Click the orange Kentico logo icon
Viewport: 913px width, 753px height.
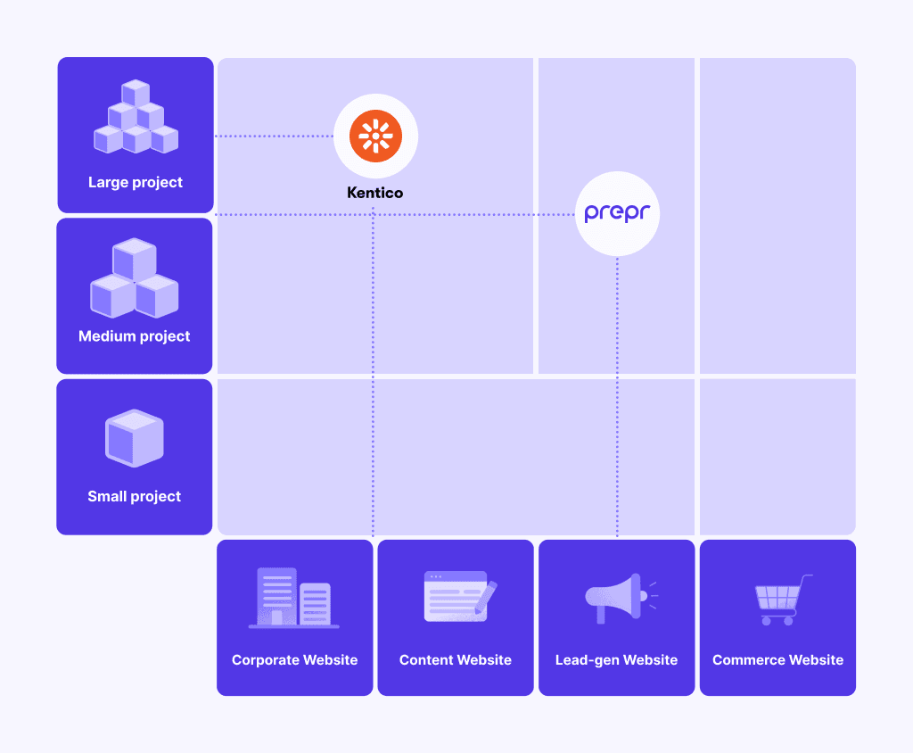coord(375,136)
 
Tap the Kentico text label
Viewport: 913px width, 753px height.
coord(375,193)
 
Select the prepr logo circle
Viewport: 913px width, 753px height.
coord(617,213)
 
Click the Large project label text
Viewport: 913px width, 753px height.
coord(136,182)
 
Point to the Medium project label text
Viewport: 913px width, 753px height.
coord(135,336)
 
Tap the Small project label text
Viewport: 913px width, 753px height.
coord(135,497)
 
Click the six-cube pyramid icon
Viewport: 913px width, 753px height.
coord(136,117)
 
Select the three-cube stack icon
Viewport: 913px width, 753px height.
coord(135,277)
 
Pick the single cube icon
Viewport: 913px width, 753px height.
coord(135,438)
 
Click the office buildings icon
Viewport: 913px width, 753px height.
coord(294,598)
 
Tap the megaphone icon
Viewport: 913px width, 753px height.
coord(621,599)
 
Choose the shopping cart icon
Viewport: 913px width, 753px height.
coord(782,600)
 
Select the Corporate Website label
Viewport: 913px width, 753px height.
coord(294,659)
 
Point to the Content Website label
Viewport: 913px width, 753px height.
coord(456,659)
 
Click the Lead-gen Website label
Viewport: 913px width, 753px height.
coord(617,660)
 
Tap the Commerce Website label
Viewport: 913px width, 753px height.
coord(777,659)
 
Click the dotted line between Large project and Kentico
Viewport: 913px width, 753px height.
coord(274,136)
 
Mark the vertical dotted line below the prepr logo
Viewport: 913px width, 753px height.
coord(617,396)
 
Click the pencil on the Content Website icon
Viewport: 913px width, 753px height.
coord(486,598)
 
